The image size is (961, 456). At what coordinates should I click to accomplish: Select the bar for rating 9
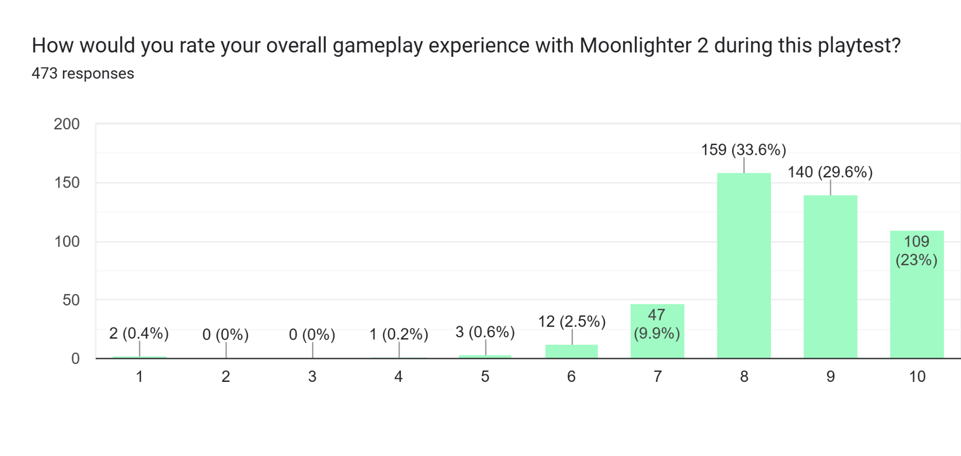830,277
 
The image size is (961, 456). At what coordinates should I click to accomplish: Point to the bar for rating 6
571,351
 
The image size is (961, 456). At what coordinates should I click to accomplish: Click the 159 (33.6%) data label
743,150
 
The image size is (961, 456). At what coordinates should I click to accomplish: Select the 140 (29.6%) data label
830,172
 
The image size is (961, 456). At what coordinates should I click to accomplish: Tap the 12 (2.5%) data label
572,321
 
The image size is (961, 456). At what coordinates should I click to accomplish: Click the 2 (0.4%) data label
139,333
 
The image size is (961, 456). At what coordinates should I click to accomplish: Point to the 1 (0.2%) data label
398,334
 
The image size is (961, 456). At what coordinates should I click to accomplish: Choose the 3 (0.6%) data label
485,332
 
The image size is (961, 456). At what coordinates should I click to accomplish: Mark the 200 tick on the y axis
67,124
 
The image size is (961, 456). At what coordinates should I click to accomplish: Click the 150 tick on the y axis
67,182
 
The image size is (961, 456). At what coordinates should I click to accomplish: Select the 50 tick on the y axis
71,300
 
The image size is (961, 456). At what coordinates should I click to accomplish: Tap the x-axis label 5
485,376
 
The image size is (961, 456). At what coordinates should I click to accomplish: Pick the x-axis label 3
312,376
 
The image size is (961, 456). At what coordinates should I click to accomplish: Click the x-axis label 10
917,376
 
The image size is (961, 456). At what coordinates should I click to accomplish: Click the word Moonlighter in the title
635,46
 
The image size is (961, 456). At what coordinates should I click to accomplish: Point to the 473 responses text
83,74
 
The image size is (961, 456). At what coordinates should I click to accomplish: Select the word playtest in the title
859,46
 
